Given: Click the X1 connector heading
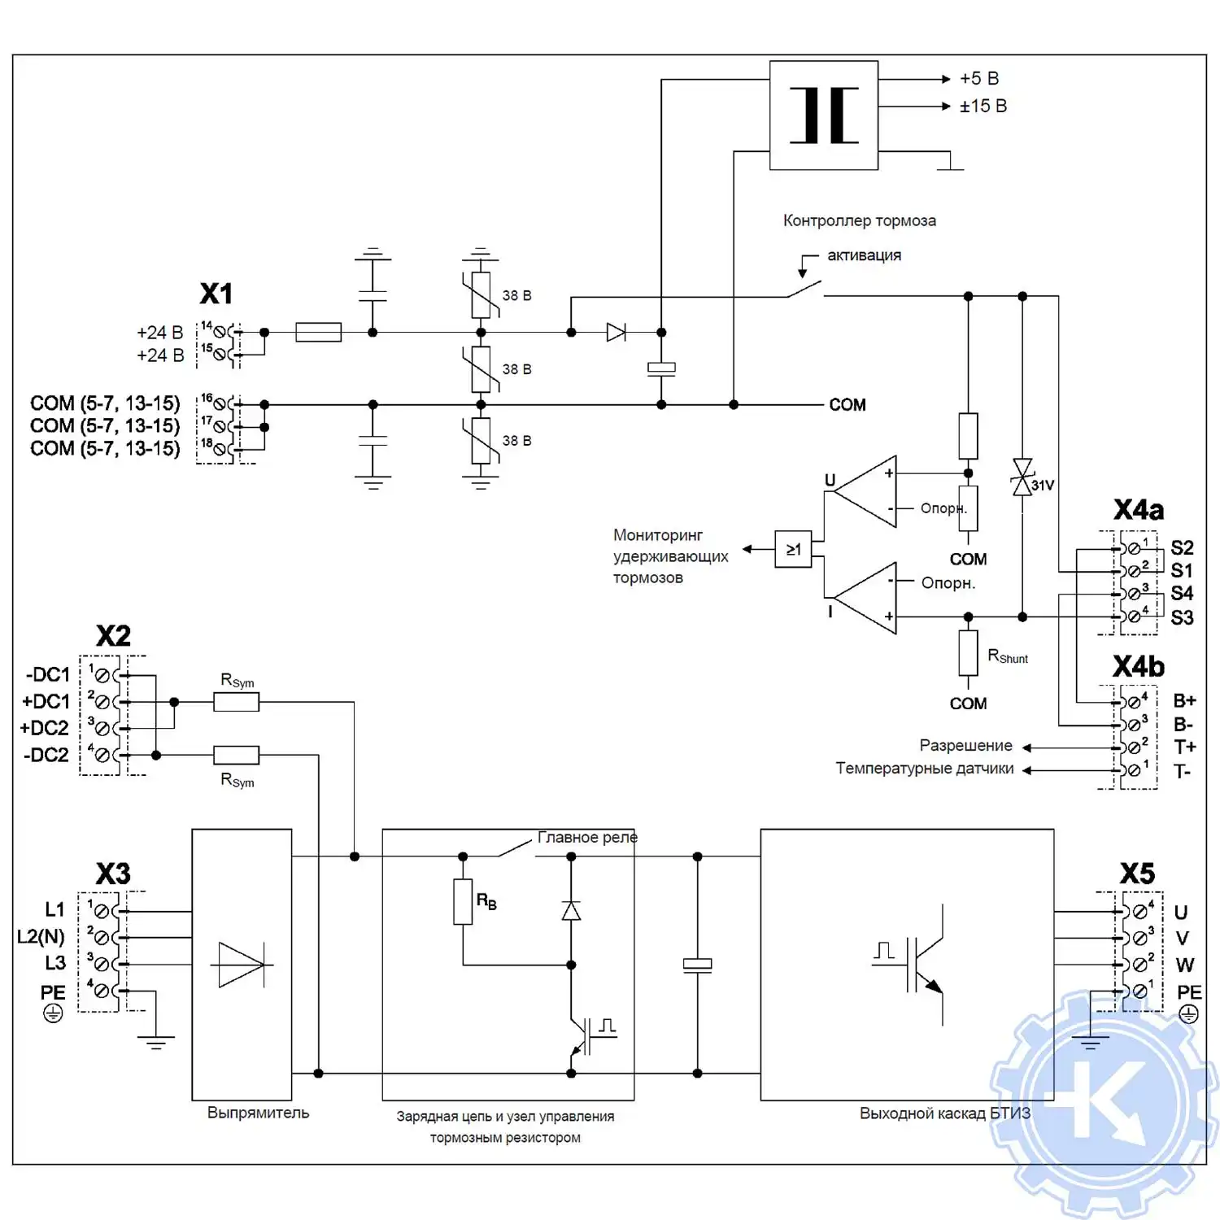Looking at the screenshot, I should coord(216,294).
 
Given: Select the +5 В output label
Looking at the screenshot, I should coord(979,79).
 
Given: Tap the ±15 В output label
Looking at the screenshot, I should coord(983,107).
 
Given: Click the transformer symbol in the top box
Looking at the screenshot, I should coord(824,115).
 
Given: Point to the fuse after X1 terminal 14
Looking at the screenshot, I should coord(318,332).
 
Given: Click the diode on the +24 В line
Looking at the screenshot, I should coord(616,332).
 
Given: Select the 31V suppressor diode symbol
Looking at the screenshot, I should coord(1022,477).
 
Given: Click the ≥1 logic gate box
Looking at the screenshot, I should coord(793,549).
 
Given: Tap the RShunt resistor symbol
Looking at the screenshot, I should coord(968,653).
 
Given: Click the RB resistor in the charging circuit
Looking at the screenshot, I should coord(463,901).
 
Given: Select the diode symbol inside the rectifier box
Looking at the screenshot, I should coord(242,965).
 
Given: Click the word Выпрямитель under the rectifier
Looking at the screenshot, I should coord(258,1113).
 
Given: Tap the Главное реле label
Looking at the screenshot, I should coord(587,838).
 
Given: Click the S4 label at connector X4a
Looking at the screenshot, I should coord(1182,594).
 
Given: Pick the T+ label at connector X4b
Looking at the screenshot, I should coord(1184,747).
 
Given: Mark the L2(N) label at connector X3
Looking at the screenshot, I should coord(41,936).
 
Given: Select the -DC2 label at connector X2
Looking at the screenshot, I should coord(46,755).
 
